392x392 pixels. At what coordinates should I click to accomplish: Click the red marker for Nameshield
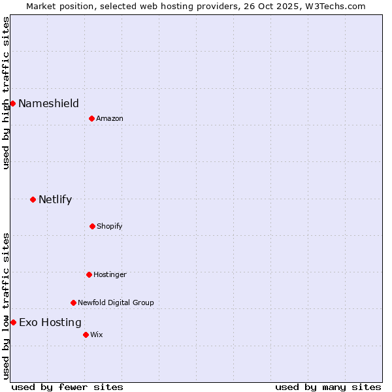pos(12,103)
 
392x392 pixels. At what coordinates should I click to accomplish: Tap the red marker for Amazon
pos(91,118)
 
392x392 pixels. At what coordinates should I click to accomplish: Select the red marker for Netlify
pos(33,199)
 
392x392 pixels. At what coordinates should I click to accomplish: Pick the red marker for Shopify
pos(92,226)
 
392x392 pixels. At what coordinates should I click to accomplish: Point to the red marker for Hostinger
pos(89,274)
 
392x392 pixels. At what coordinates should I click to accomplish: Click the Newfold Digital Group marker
pos(73,302)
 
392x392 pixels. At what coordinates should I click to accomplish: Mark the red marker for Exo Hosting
pos(13,322)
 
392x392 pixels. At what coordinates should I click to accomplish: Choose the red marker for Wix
pos(86,335)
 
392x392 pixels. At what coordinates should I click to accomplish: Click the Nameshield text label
pos(48,103)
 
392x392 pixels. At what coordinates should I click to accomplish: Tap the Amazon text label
pos(110,118)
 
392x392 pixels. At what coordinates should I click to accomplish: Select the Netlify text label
pos(55,199)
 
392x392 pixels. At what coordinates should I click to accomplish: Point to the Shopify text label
pos(110,226)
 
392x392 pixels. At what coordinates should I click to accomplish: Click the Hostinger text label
pos(110,274)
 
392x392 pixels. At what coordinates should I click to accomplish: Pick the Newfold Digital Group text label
pos(116,302)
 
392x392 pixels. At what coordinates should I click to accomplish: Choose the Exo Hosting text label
pos(50,322)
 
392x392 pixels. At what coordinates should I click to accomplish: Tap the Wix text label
pos(97,335)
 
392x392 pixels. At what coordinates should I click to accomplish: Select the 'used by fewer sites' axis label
pos(67,387)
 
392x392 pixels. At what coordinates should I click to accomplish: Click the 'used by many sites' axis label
pos(328,387)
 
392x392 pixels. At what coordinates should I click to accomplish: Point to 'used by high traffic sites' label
pos(6,93)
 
